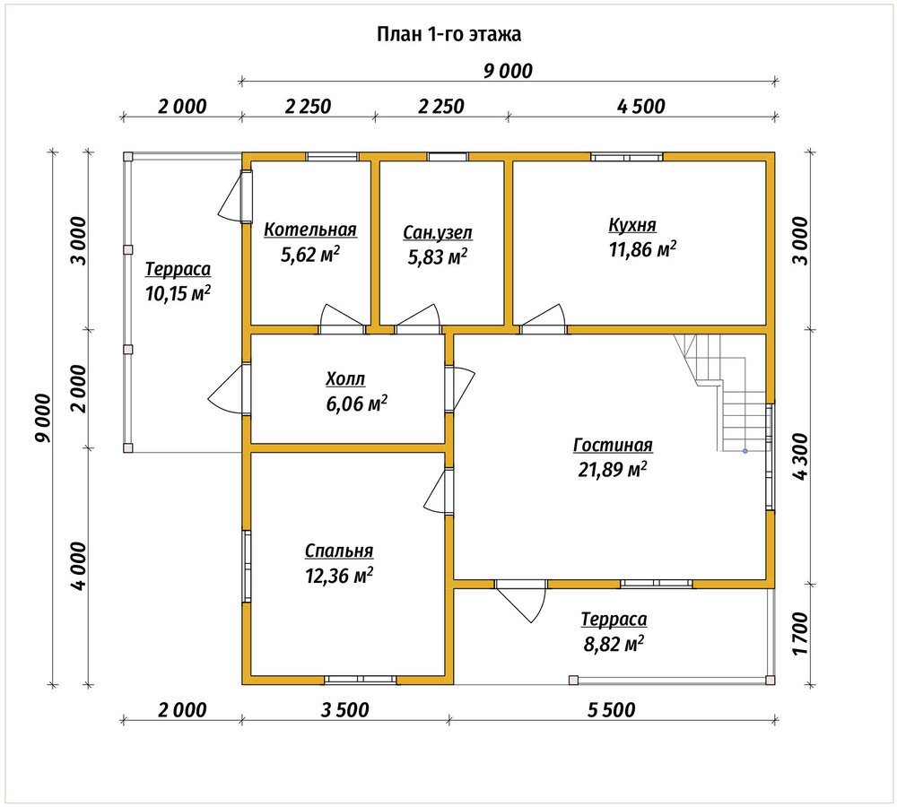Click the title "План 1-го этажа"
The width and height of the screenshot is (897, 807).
pos(448,34)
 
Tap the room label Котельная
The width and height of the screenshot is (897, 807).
pos(310,230)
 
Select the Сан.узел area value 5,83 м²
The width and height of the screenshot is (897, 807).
pos(437,257)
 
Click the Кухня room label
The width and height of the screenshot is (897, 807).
pos(632,225)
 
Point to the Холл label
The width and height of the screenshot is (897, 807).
pos(345,378)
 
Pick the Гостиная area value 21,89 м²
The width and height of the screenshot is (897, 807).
pos(613,470)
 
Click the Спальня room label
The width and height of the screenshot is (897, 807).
pos(339,551)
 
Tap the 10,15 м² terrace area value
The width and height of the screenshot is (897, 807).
pos(178,293)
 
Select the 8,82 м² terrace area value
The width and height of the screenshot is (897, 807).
pos(614,645)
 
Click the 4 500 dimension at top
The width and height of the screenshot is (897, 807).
pos(641,107)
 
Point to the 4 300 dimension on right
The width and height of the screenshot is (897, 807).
pos(800,457)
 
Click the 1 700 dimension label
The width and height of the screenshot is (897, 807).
pos(800,634)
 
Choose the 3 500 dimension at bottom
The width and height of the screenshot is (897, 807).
pos(345,710)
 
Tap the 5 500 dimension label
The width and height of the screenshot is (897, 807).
pos(611,710)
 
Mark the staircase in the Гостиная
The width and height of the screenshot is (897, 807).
pos(722,393)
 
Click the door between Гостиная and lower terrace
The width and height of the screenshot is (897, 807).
pos(520,601)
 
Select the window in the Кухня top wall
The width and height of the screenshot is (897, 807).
pos(627,157)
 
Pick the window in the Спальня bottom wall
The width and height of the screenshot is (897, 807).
pos(361,680)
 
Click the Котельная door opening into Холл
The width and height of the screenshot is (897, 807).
pos(342,319)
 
